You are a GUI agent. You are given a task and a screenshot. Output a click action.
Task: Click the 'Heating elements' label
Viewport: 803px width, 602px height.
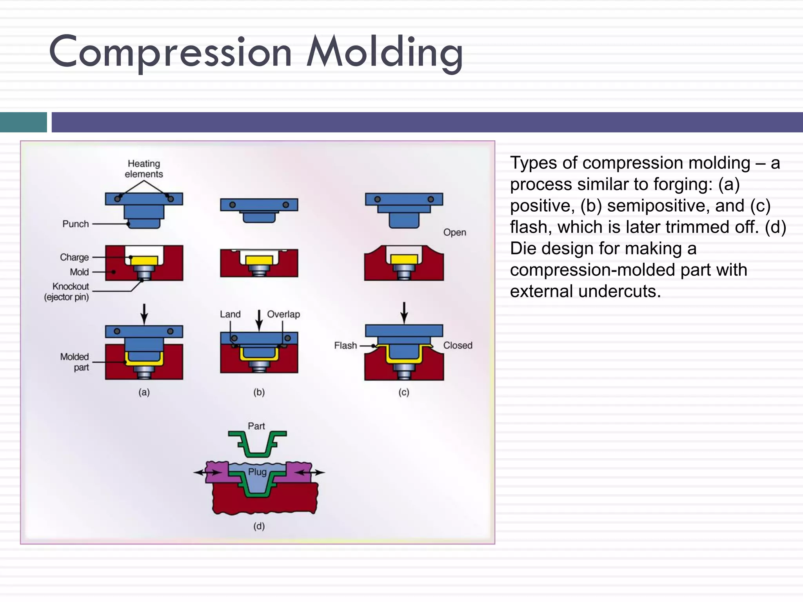144,169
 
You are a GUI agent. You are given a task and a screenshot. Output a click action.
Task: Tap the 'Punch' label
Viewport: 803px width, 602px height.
76,224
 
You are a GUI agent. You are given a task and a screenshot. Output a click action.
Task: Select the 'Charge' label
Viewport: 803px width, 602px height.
74,257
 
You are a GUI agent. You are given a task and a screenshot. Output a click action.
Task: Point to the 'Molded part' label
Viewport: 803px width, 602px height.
75,362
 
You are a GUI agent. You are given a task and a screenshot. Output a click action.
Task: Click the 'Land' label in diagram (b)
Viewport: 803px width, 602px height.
230,314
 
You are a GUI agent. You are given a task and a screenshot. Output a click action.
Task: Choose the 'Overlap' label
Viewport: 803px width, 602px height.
283,314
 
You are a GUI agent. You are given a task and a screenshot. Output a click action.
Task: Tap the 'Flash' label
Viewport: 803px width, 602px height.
345,346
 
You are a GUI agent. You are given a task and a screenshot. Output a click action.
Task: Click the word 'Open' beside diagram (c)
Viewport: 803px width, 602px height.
454,232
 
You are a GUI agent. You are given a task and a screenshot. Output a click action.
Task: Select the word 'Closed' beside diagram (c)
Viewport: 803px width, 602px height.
458,346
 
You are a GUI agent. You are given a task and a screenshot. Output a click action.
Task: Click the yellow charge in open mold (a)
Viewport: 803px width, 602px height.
144,261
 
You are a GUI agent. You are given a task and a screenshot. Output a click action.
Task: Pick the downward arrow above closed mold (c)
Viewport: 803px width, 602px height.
404,312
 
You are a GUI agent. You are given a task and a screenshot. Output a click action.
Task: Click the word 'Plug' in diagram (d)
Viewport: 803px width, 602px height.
257,472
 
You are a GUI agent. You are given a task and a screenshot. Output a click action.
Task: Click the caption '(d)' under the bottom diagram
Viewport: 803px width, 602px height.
259,526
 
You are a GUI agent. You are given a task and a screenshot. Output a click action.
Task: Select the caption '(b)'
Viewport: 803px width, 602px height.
259,392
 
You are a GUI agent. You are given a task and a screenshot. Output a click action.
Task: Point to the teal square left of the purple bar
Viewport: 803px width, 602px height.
24,122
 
